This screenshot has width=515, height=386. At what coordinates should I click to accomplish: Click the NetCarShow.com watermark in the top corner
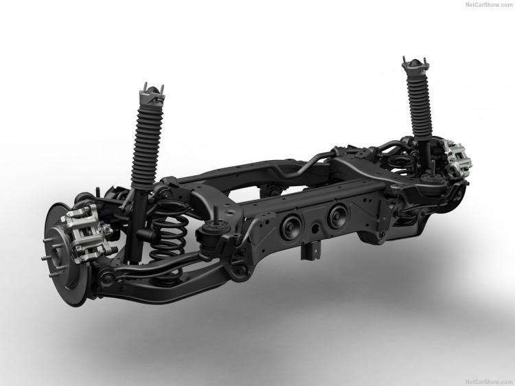point(489,5)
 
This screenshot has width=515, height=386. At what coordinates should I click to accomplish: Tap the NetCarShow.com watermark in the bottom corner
point(489,382)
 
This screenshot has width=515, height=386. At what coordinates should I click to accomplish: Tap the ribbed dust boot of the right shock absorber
point(419,105)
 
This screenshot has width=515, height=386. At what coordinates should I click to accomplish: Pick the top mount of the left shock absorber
point(152,94)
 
